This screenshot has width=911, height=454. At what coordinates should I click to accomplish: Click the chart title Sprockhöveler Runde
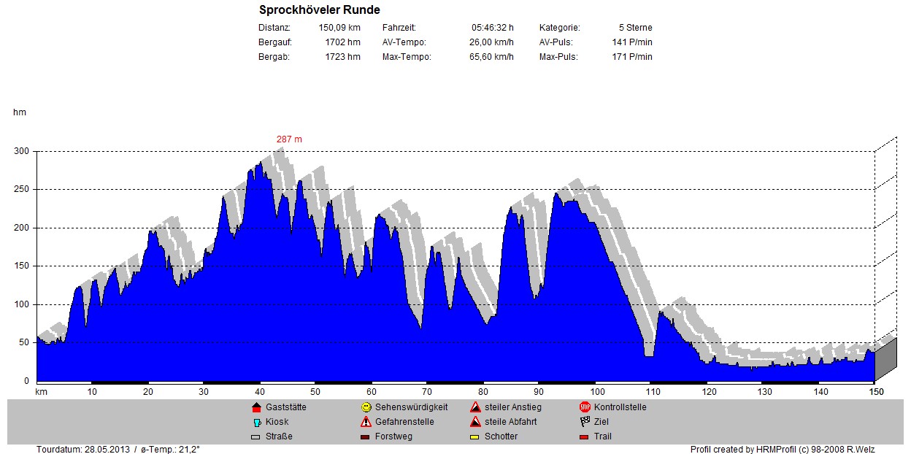tap(319, 10)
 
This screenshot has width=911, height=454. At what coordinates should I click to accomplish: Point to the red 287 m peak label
tap(289, 139)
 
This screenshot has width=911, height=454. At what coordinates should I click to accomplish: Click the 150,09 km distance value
tap(339, 28)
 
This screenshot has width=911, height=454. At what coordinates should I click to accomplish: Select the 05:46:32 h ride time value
tap(492, 28)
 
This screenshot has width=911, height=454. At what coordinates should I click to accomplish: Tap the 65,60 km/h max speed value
tap(491, 57)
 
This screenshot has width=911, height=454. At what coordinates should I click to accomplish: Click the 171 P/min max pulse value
tap(632, 57)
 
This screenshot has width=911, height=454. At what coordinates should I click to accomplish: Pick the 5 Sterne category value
tap(635, 28)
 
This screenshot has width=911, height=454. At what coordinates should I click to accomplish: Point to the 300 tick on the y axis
tap(22, 151)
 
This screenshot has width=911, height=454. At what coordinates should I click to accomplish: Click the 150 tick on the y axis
tap(22, 266)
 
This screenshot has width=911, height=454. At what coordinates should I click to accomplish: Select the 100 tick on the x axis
tap(596, 392)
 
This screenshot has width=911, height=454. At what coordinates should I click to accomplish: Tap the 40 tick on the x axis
tap(259, 392)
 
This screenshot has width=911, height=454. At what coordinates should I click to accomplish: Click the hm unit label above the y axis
tap(20, 112)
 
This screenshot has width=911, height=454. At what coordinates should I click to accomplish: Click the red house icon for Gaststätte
tap(255, 407)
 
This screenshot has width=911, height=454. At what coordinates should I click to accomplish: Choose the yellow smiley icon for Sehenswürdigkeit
tap(366, 407)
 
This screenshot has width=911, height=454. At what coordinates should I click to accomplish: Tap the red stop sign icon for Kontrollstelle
tap(585, 407)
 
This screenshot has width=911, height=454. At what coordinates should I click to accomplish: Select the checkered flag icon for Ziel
tap(585, 422)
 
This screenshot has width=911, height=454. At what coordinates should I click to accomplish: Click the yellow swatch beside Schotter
tap(475, 437)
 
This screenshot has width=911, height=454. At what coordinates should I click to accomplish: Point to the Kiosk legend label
tap(277, 422)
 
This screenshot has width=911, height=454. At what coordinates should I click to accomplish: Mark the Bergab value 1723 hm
tap(343, 57)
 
